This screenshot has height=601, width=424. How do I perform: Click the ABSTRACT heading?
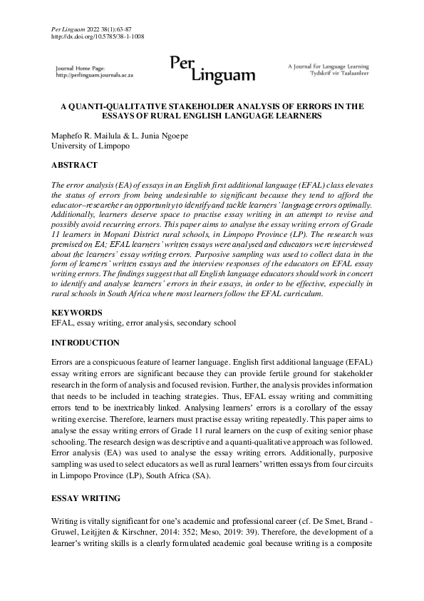[x=74, y=165]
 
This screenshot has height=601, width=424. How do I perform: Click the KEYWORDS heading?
[x=77, y=313]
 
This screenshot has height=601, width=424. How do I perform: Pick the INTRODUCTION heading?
[x=85, y=343]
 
